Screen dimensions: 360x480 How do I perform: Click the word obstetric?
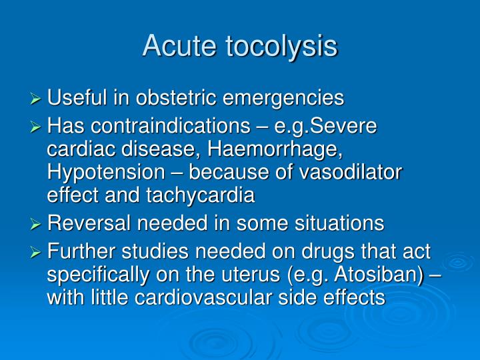coord(178,99)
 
